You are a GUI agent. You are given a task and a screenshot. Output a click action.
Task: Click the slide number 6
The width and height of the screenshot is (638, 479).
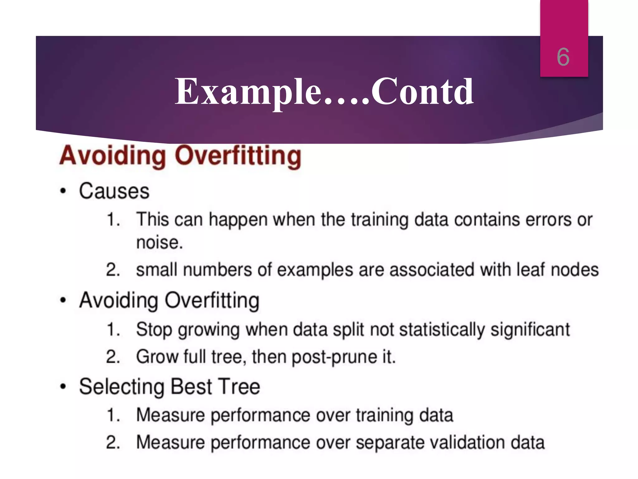[x=563, y=57]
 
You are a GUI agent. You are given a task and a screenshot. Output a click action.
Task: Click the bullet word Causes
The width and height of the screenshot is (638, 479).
[x=114, y=191]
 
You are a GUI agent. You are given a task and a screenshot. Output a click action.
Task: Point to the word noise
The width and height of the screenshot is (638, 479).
[x=159, y=242]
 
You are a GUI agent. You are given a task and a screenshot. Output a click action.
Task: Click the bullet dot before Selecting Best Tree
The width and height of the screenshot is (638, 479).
[x=63, y=387]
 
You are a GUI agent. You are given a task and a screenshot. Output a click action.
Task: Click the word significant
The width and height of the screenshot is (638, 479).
[x=530, y=330]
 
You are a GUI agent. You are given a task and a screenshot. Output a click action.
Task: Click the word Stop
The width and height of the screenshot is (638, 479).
[x=154, y=330]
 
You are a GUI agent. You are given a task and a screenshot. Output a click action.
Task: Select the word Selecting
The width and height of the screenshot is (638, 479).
[x=122, y=387]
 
